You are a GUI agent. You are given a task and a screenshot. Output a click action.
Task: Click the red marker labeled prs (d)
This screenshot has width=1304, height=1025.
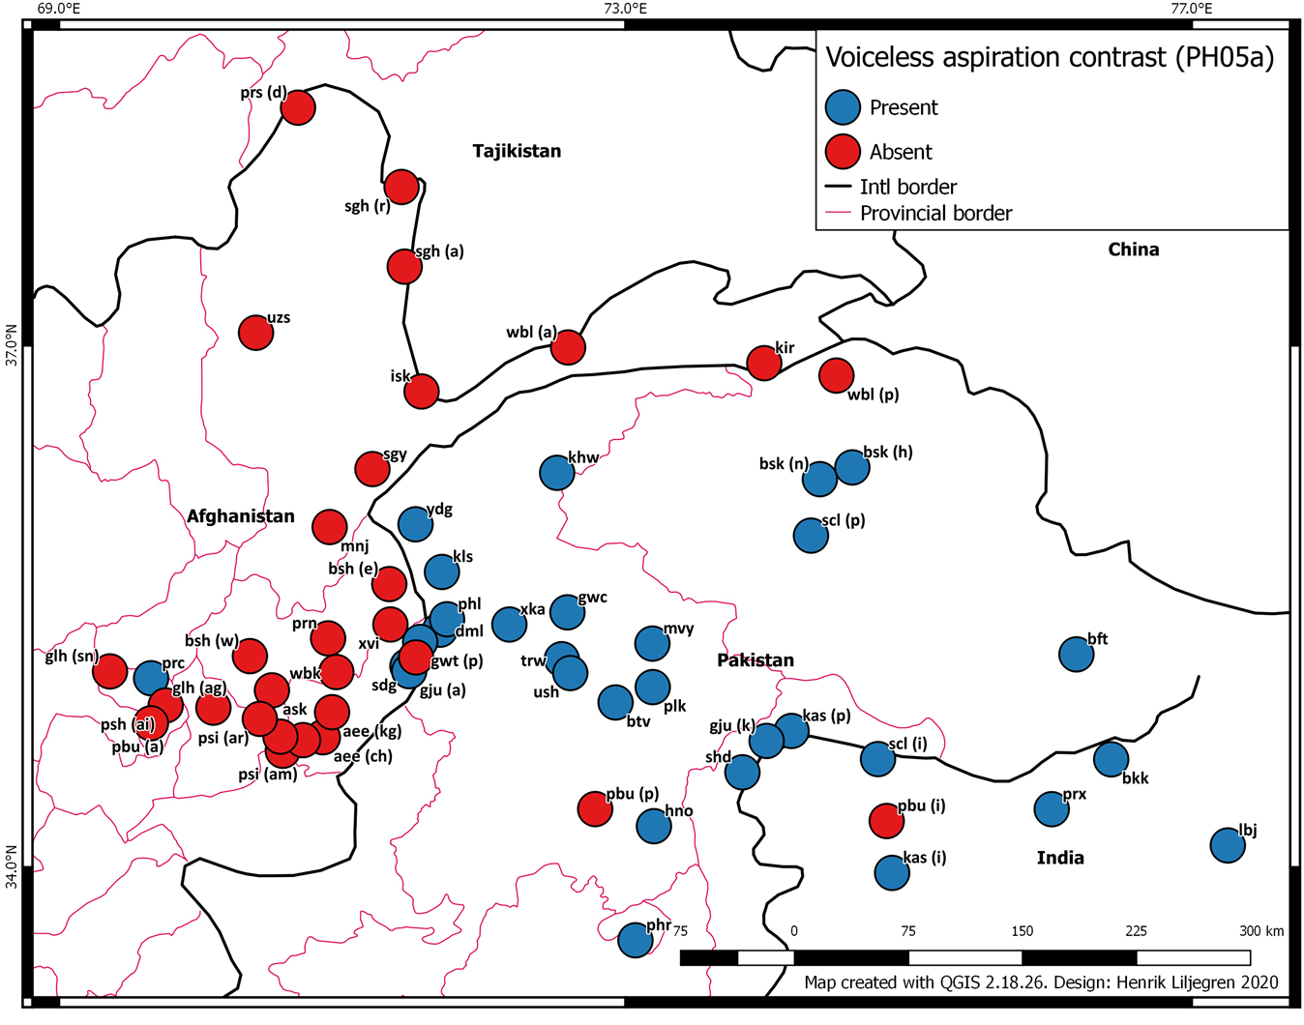[x=298, y=106]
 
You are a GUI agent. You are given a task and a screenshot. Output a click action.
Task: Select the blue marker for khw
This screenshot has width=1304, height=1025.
[x=557, y=472]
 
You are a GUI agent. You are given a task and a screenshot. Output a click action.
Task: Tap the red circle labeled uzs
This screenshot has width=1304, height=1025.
[x=256, y=333]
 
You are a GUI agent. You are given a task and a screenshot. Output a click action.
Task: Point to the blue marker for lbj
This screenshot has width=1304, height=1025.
[x=1228, y=846]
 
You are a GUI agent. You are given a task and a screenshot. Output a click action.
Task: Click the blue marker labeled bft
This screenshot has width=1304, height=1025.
[x=1076, y=655]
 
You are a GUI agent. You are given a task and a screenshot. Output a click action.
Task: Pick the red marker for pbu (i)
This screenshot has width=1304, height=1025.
[x=887, y=820]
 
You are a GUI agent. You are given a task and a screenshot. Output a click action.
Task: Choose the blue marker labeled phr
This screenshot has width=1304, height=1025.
[x=635, y=939]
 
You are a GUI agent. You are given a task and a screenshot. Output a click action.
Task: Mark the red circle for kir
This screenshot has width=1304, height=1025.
[x=764, y=364]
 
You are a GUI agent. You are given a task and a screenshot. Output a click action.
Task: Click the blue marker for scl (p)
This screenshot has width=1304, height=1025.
[x=811, y=535]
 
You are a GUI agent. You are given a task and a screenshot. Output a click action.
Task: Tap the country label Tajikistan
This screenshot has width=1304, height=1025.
[x=517, y=151]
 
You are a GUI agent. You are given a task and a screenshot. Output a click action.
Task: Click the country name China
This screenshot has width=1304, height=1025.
[x=1133, y=249]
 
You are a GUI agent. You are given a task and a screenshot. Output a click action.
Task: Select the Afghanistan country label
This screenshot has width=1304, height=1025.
[x=241, y=516]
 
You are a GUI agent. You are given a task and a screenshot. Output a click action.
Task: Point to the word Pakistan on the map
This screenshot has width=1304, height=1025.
[x=755, y=660]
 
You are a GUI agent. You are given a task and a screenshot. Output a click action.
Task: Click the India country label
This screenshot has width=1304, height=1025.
[x=1060, y=858]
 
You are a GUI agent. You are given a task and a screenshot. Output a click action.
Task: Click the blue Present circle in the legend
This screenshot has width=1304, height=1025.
[x=843, y=107]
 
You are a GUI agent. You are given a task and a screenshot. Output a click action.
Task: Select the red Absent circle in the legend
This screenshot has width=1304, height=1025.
[x=843, y=152]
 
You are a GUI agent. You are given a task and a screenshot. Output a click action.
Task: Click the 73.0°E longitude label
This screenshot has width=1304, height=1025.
[x=625, y=9]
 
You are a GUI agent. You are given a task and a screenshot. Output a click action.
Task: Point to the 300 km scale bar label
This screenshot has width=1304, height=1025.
[x=1261, y=931]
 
